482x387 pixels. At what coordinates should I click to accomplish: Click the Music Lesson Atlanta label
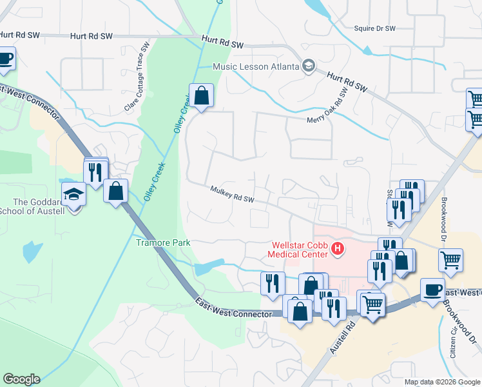click(x=256, y=66)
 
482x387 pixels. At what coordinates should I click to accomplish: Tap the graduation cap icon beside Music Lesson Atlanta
click(x=309, y=66)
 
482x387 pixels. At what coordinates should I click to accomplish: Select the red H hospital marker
click(x=336, y=248)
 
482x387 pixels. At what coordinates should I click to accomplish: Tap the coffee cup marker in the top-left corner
click(x=5, y=58)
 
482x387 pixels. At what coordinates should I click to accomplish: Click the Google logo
click(x=21, y=379)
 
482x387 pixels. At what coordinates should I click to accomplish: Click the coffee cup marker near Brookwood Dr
click(x=432, y=290)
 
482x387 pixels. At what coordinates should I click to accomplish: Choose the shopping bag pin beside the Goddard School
click(x=115, y=191)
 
